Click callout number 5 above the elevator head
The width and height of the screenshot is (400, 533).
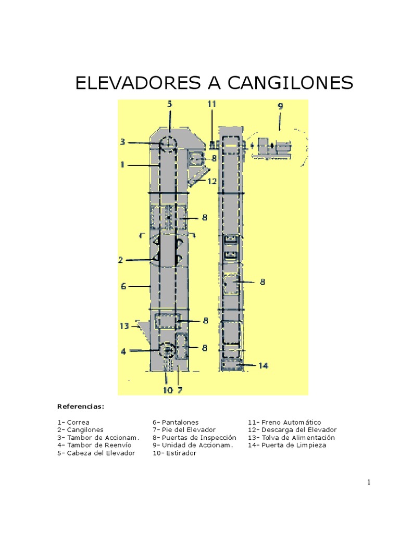[169, 104]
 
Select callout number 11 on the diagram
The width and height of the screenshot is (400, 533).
[211, 104]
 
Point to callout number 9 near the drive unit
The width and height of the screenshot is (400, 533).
[280, 106]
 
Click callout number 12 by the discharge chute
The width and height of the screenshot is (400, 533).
[211, 181]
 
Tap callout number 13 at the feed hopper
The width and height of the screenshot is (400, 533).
[123, 326]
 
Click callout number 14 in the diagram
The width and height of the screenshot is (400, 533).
[263, 365]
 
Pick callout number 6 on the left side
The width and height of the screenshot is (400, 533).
[123, 286]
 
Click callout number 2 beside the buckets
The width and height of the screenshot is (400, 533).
[120, 259]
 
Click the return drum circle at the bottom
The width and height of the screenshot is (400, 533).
[168, 350]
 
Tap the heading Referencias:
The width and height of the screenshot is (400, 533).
[81, 406]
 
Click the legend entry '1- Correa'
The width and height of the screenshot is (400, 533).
[73, 422]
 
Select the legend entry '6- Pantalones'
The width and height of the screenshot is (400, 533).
[176, 422]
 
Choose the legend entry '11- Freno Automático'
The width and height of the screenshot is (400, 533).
[284, 422]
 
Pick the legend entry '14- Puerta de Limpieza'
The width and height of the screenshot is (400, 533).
[287, 446]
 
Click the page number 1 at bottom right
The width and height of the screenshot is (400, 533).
[369, 483]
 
